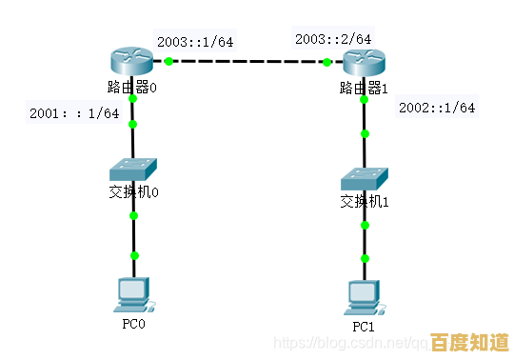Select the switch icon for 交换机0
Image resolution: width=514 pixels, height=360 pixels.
[x=132, y=170]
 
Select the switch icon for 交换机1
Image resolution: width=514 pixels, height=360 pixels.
[x=365, y=178]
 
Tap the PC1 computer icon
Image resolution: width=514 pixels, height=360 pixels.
[x=365, y=297]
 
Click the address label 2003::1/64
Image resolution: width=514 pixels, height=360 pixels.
[x=195, y=42]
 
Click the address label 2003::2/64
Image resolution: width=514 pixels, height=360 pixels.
[x=333, y=39]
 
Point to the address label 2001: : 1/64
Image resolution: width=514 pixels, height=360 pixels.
[x=74, y=112]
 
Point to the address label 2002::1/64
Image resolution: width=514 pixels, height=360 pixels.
[x=436, y=108]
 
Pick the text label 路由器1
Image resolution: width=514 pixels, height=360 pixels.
[x=364, y=89]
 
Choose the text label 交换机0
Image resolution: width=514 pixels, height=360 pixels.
[x=133, y=192]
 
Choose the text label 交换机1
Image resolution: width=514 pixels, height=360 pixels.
[x=366, y=201]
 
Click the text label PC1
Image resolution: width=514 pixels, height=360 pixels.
[x=365, y=326]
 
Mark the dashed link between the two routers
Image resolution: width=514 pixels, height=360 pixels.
[x=247, y=61]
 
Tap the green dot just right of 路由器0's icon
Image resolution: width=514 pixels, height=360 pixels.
[x=168, y=61]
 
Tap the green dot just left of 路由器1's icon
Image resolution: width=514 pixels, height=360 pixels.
[x=326, y=62]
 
